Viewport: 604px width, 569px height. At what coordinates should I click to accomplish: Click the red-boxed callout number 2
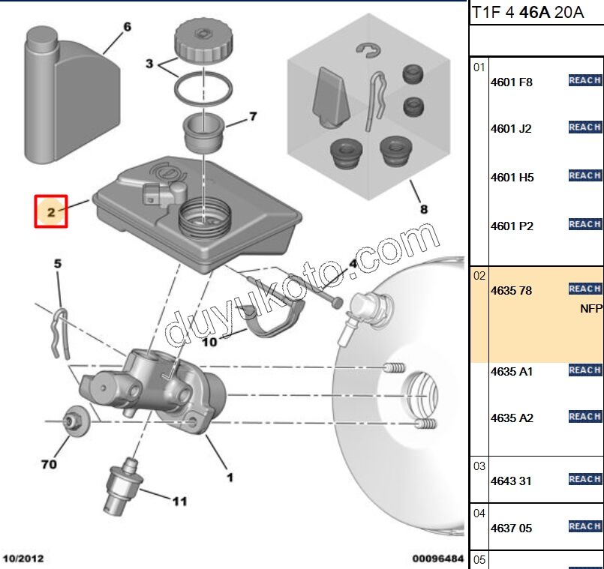click(x=51, y=212)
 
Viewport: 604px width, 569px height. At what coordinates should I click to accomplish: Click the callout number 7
click(x=253, y=116)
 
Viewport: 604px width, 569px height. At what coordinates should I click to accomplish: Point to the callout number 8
click(x=424, y=209)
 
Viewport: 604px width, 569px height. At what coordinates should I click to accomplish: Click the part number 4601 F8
click(x=511, y=82)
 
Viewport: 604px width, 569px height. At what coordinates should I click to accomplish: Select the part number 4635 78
click(x=511, y=290)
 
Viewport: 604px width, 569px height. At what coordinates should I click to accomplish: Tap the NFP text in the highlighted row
click(x=591, y=308)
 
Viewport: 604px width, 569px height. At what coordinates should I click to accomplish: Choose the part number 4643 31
click(x=511, y=481)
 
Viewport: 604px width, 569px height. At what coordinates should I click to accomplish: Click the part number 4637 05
click(x=511, y=528)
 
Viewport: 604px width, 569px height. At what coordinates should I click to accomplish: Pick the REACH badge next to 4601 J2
click(x=584, y=127)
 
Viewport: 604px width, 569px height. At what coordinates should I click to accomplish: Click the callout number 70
click(x=49, y=465)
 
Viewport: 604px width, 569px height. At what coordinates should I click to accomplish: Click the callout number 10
click(x=209, y=342)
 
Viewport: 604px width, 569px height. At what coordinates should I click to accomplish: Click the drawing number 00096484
click(x=438, y=559)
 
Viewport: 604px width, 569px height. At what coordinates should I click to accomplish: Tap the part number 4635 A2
click(x=512, y=418)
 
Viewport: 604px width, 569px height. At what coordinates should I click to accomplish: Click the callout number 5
click(x=57, y=263)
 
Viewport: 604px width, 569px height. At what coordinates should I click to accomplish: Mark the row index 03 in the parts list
click(x=479, y=466)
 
